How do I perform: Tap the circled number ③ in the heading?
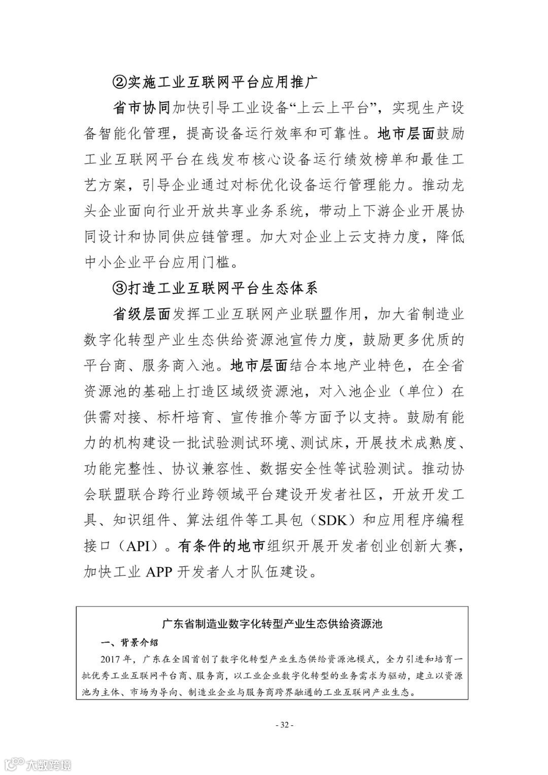pyautogui.click(x=119, y=288)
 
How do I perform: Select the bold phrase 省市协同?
pyautogui.click(x=142, y=108)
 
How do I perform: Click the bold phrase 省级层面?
pyautogui.click(x=142, y=314)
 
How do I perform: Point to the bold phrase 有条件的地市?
pyautogui.click(x=222, y=546)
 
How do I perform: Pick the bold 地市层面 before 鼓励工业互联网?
pyautogui.click(x=407, y=134)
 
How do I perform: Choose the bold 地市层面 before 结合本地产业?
pyautogui.click(x=259, y=365)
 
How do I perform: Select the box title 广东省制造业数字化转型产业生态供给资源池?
pyautogui.click(x=272, y=623)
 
